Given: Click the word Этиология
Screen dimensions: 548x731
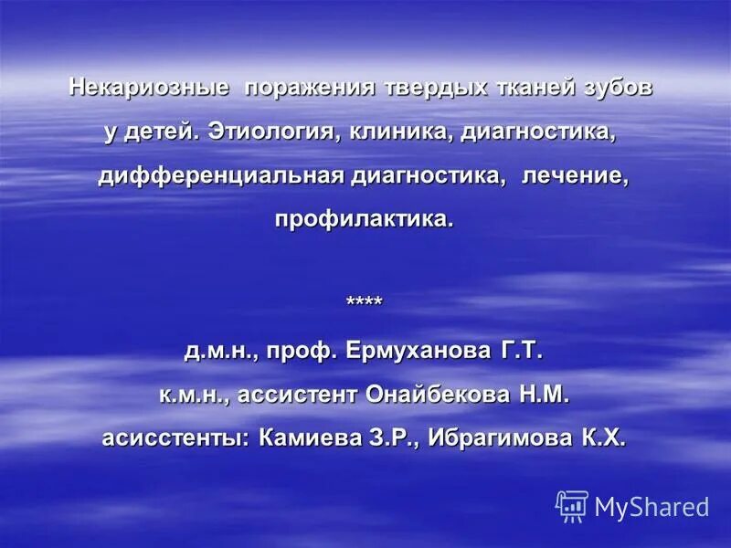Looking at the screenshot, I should pos(273,132).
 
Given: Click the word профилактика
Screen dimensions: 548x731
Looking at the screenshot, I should pos(364,219).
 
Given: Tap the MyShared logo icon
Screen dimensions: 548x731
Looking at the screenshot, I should pos(572,506).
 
